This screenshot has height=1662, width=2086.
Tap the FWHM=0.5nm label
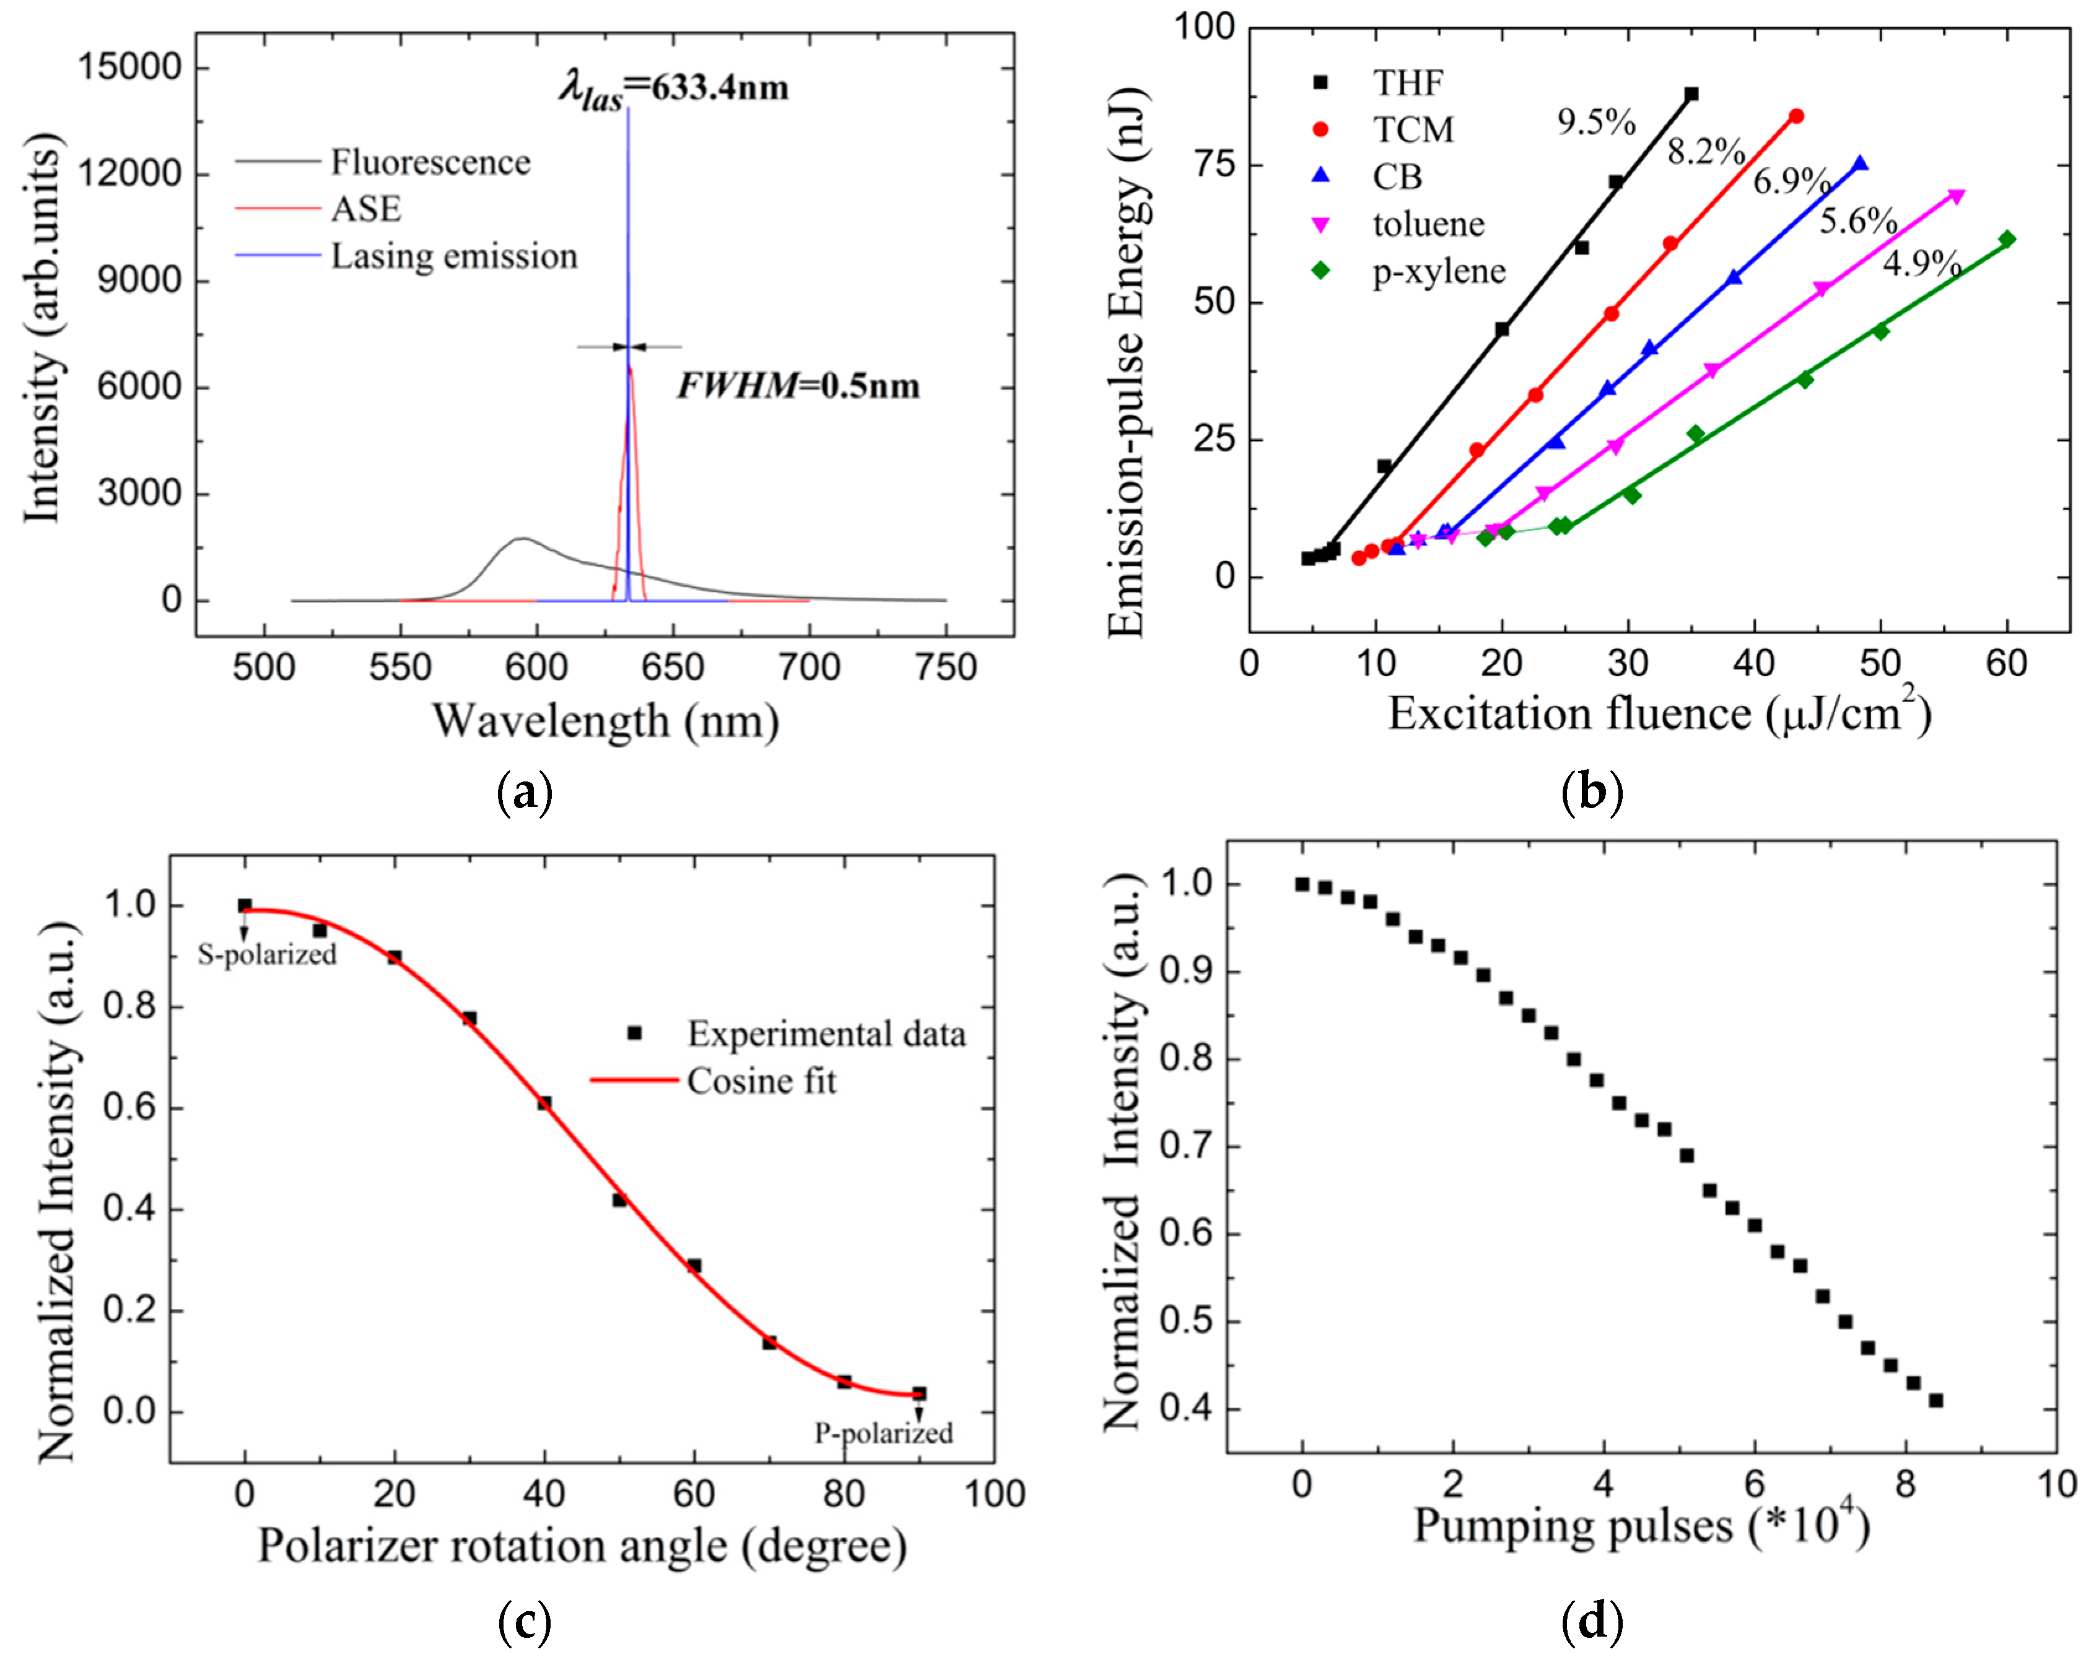(x=797, y=386)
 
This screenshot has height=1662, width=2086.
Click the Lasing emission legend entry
(x=454, y=256)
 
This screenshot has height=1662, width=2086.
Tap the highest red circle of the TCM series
(x=1796, y=116)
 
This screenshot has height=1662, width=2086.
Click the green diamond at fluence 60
(x=2007, y=239)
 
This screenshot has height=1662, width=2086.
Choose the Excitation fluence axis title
(x=1659, y=714)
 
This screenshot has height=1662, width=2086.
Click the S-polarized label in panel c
(x=267, y=955)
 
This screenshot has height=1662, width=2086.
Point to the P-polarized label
(x=883, y=1433)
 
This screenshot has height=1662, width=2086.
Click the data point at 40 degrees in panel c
(x=544, y=1103)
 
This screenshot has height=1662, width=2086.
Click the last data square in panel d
(x=1935, y=1400)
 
